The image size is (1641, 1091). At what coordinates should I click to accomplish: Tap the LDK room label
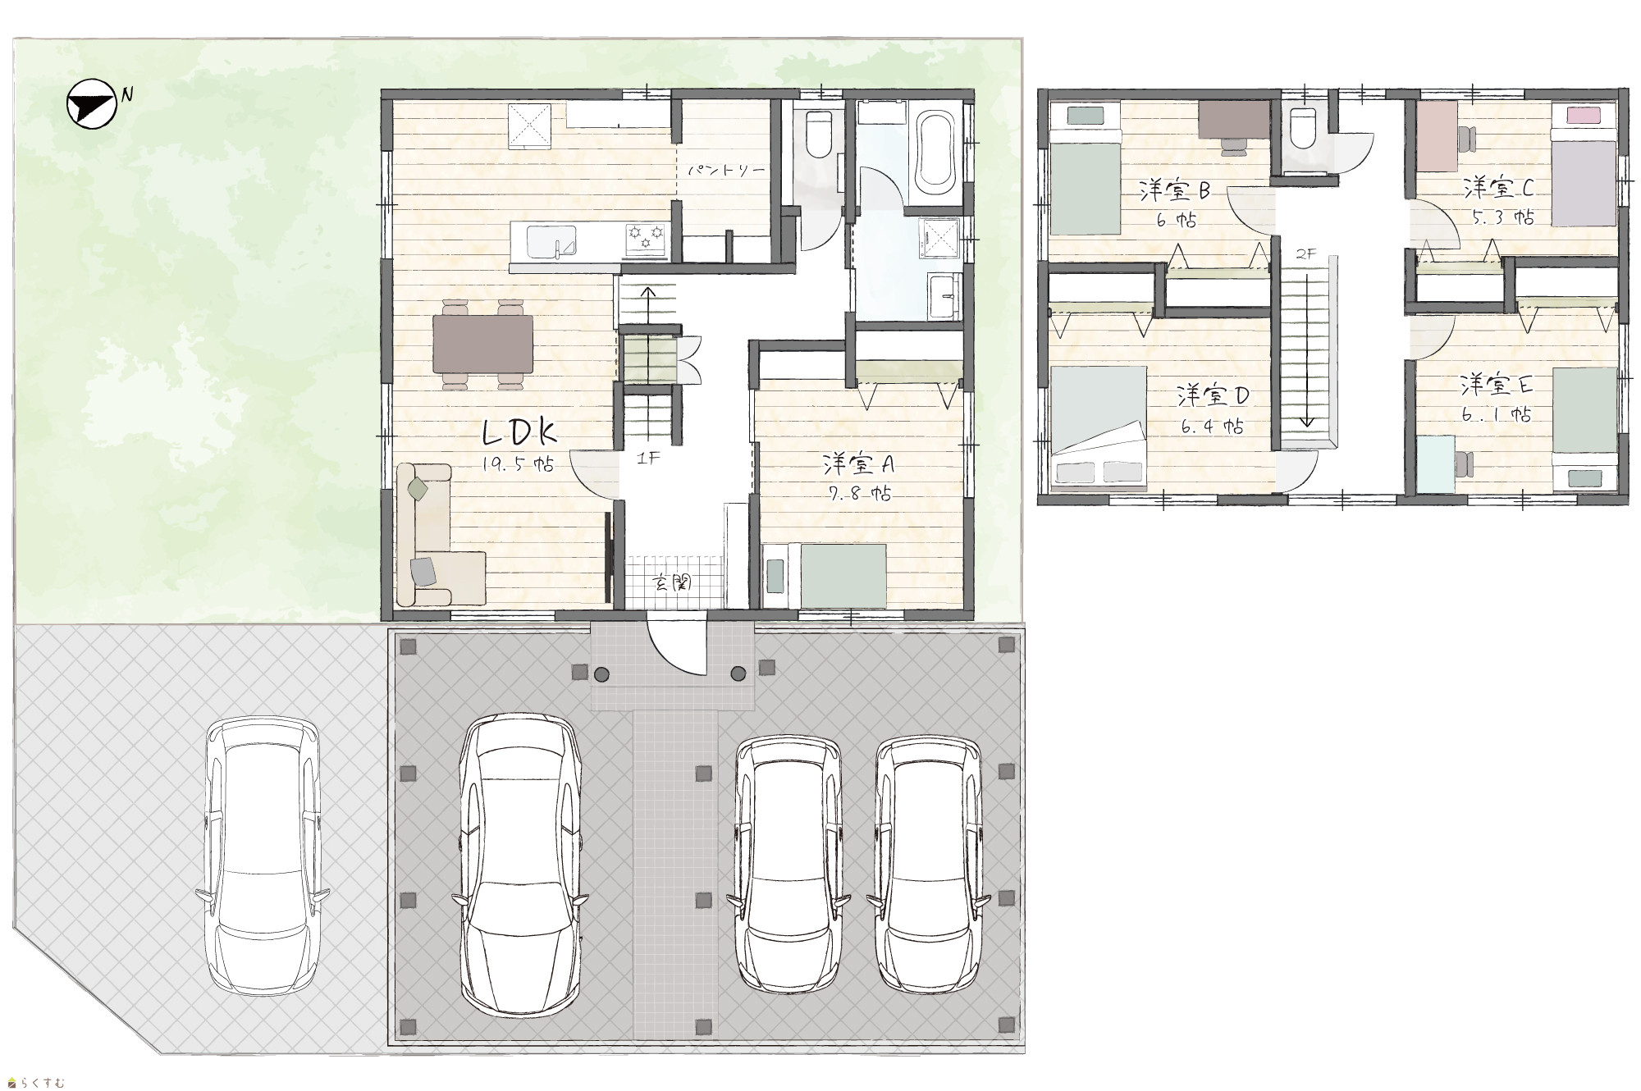click(x=520, y=431)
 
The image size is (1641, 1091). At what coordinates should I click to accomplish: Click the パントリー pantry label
click(x=726, y=171)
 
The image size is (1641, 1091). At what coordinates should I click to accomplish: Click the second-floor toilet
click(x=1302, y=128)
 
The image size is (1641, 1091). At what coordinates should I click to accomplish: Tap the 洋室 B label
click(x=1175, y=190)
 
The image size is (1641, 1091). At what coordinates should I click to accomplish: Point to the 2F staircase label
click(x=1305, y=253)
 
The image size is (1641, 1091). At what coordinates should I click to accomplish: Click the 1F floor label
click(x=648, y=459)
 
